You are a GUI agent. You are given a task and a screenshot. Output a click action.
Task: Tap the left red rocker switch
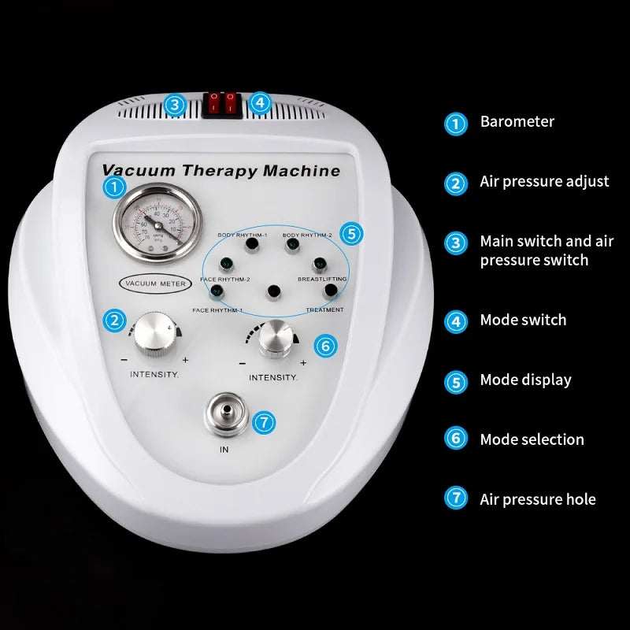tap(212, 103)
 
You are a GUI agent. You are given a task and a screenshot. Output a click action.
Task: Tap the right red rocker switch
tap(230, 103)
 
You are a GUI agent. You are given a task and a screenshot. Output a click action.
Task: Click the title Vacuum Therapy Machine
tap(221, 171)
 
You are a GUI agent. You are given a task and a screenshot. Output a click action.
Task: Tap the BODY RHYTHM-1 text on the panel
tap(242, 235)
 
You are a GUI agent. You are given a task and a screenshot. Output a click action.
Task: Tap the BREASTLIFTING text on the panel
tap(322, 279)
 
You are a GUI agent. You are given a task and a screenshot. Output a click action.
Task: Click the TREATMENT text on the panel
tap(324, 309)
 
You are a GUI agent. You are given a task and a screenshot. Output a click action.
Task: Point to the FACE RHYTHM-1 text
tap(217, 310)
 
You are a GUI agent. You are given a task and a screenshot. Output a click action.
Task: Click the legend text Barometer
tap(517, 122)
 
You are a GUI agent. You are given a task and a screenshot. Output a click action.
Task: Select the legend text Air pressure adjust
tap(544, 182)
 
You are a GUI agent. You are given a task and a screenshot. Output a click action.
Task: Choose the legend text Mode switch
tap(523, 321)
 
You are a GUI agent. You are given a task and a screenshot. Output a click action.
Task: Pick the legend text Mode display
tap(525, 380)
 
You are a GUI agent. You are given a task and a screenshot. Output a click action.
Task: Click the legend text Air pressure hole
tap(537, 499)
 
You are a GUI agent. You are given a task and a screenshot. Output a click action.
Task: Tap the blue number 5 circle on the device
tap(352, 233)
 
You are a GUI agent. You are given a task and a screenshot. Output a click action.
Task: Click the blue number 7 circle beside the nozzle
tap(265, 422)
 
